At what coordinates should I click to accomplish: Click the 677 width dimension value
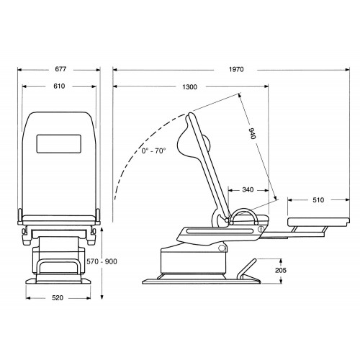coord(60,69)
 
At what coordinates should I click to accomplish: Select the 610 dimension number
coord(59,86)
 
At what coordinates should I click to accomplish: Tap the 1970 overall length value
coord(236,69)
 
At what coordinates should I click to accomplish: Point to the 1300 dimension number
coord(189,87)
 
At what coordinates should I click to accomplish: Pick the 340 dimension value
coord(248,190)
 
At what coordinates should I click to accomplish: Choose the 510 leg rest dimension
coord(318,200)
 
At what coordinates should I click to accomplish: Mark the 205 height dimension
coord(281,270)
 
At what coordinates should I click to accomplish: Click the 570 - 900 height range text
coord(102,261)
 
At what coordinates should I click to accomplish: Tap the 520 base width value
coord(58,298)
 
